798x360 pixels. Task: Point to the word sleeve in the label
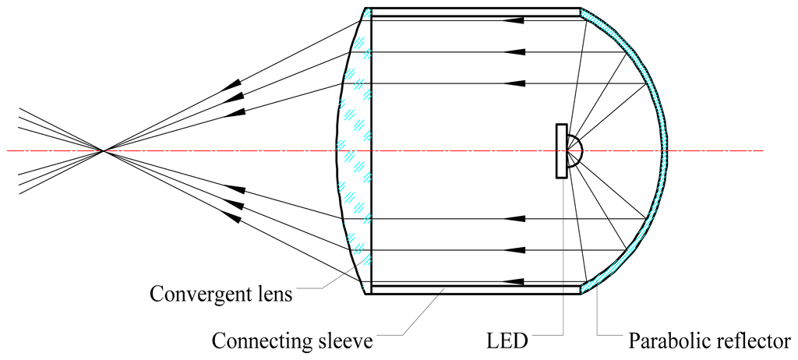[x=346, y=341]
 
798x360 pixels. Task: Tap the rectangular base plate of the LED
[x=561, y=150]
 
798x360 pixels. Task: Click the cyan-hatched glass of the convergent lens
[x=355, y=150]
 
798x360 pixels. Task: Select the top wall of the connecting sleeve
[x=475, y=12]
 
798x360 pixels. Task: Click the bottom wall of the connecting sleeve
[x=475, y=288]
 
